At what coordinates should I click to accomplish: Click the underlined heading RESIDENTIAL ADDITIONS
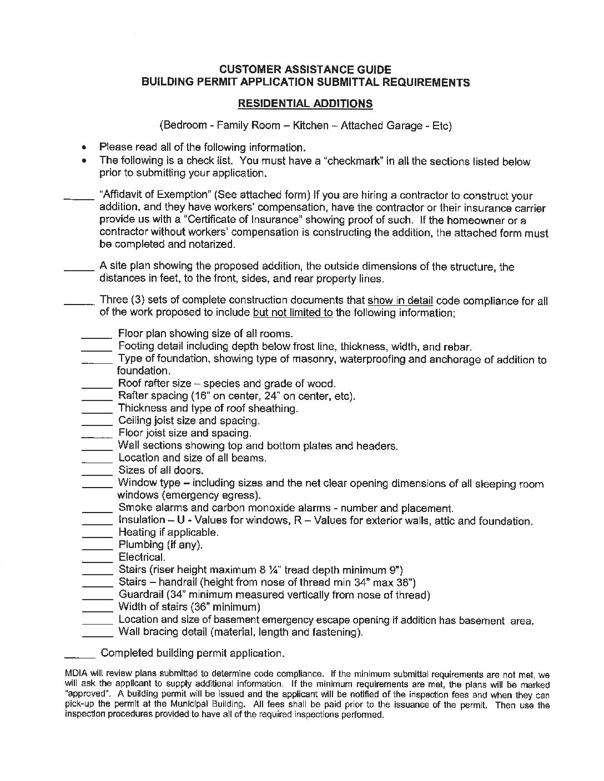(x=305, y=104)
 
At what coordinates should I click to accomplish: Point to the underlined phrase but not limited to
(x=293, y=313)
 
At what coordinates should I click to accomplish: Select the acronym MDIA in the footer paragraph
(x=77, y=674)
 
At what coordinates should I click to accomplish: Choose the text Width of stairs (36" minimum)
(x=189, y=607)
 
